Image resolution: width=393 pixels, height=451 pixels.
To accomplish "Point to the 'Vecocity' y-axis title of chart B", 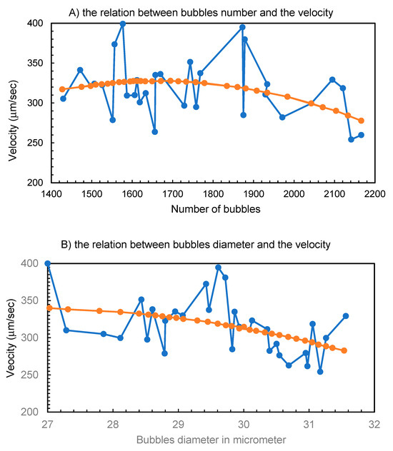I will tap(11, 338).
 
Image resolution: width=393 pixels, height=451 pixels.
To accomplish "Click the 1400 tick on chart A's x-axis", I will tap(50, 193).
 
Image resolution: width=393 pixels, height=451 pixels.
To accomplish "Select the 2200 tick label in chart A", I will tap(374, 193).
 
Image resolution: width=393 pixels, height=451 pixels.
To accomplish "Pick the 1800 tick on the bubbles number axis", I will tap(212, 193).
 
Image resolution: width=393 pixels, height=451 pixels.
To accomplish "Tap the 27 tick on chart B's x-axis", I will tap(48, 422).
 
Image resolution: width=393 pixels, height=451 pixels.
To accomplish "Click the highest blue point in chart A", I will tap(123, 24).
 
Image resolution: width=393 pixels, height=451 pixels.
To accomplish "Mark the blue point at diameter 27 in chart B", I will tap(48, 263).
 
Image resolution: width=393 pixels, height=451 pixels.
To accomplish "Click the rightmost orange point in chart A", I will tap(361, 121).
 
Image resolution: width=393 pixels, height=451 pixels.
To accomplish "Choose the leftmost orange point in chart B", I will tap(48, 308).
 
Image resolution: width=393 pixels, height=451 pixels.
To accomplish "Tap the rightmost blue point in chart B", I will tap(346, 315).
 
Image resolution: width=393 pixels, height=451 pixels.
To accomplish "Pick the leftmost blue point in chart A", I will tap(63, 98).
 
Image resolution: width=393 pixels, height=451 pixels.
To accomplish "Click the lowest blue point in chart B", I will tap(320, 372).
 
